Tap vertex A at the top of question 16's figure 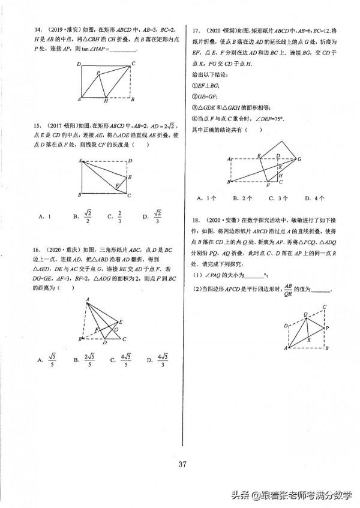coord(88,301)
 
